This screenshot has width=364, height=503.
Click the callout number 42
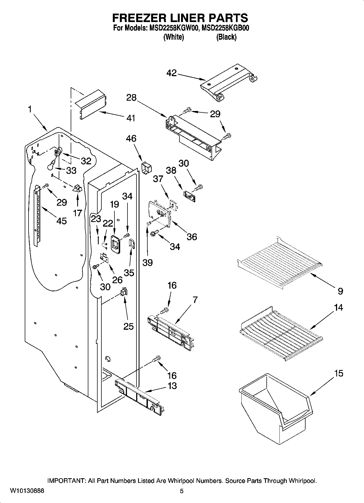click(x=172, y=73)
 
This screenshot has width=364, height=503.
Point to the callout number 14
click(x=338, y=308)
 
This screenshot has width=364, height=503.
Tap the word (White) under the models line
click(x=173, y=37)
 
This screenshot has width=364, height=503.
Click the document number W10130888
click(x=27, y=491)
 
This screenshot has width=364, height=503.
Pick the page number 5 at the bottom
click(x=182, y=491)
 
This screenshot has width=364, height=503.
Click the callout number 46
click(x=131, y=138)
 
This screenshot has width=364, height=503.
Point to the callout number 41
click(x=131, y=118)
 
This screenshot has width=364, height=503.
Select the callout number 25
click(x=129, y=326)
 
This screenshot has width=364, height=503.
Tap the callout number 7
click(x=195, y=300)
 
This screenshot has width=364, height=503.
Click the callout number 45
click(x=61, y=221)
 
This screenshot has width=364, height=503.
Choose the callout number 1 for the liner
click(x=30, y=109)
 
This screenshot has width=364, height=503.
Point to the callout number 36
click(x=192, y=237)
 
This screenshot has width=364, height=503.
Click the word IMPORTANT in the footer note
click(x=66, y=481)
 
